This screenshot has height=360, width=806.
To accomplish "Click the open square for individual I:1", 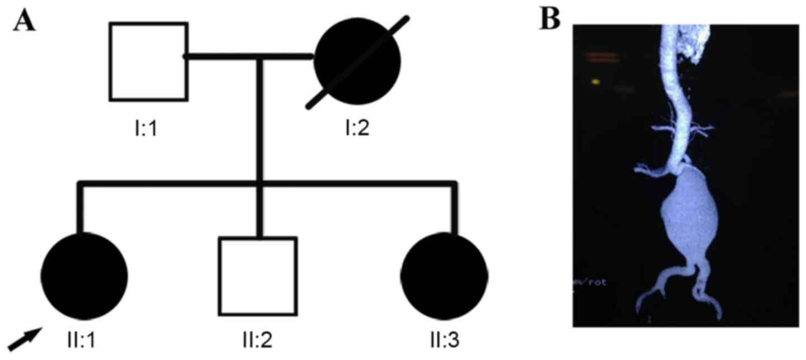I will click(x=148, y=61).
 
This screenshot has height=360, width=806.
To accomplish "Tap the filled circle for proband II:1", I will click(x=84, y=275).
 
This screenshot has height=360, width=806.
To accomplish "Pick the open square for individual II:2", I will click(x=257, y=276).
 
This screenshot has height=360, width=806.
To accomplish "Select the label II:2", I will click(x=257, y=340).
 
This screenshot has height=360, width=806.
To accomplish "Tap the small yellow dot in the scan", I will click(x=595, y=82).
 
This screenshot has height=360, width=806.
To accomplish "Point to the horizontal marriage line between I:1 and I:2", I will click(x=249, y=56).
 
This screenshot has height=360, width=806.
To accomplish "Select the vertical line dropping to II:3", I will click(x=454, y=207).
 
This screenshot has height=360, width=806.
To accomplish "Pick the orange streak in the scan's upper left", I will click(x=602, y=56).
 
